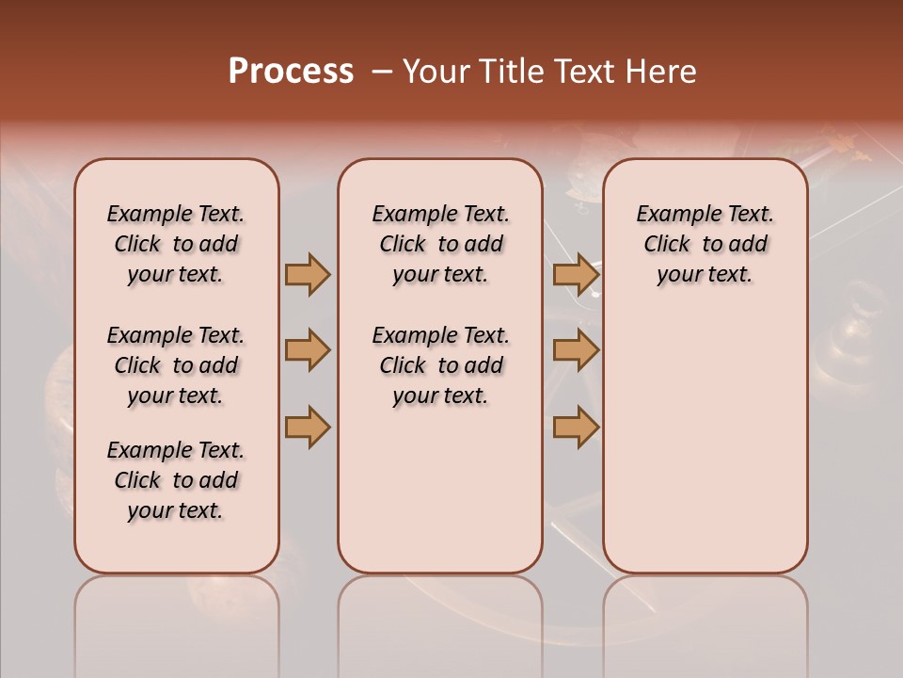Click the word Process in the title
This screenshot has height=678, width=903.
291,72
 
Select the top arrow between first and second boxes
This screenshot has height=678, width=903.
308,274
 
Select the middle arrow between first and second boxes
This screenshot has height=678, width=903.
308,350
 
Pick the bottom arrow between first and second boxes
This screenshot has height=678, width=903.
308,427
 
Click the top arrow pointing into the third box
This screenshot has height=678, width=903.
576,274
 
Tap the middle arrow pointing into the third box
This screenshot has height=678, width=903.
576,350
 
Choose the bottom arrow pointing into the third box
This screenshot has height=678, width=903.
576,427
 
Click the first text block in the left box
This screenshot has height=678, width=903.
176,244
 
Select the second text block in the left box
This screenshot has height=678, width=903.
176,365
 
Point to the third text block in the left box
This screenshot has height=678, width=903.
176,480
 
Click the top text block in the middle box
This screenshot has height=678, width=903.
440,244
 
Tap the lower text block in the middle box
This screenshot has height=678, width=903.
440,365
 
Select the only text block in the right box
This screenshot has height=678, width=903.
705,244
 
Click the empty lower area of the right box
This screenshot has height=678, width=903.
705,443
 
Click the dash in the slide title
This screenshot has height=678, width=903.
381,73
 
